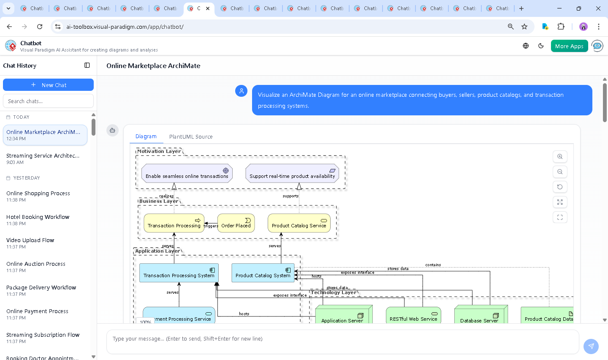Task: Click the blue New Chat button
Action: (x=48, y=85)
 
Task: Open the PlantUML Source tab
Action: (x=191, y=136)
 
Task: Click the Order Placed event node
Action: (x=236, y=223)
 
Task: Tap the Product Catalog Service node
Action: (x=299, y=223)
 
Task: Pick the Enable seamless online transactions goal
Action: (x=187, y=174)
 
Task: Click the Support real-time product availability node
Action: (x=292, y=174)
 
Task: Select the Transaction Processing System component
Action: (x=179, y=273)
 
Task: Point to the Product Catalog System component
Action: (x=263, y=273)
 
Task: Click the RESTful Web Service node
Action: (x=413, y=316)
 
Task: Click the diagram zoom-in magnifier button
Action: (x=560, y=156)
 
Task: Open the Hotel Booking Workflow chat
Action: (x=38, y=217)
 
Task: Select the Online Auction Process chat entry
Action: (x=36, y=264)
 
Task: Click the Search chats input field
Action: (x=48, y=101)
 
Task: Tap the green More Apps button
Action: (x=569, y=46)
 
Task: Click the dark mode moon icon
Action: (x=541, y=46)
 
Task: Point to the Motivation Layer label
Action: (x=159, y=151)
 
